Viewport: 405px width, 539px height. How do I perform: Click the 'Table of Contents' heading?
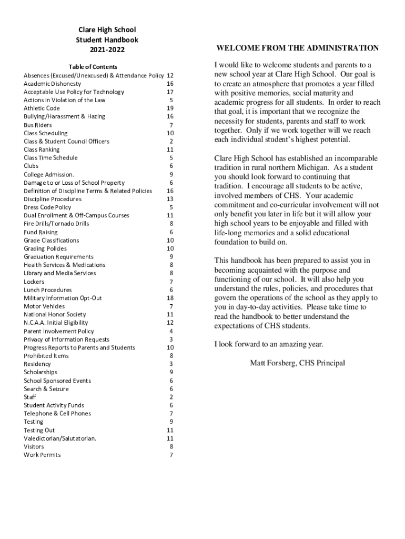coord(93,67)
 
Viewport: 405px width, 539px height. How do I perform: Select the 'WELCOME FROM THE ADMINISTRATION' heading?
coord(297,48)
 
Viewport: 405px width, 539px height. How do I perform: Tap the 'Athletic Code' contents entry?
coord(42,108)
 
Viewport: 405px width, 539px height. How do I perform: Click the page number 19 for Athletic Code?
coord(170,108)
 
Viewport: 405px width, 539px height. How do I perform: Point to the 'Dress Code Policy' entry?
coord(47,207)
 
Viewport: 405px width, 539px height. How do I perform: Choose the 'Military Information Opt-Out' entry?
coord(63,298)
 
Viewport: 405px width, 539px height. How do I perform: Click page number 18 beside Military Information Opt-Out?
coord(170,298)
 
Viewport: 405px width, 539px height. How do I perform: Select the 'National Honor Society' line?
coord(55,314)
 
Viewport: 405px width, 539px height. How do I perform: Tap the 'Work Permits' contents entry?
coord(42,455)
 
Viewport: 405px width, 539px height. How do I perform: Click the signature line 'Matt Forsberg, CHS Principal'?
coord(297,363)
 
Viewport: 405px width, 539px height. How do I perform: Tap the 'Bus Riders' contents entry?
coord(38,125)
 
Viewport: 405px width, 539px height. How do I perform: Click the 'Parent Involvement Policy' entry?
coord(59,331)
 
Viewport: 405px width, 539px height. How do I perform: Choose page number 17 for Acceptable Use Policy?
coord(170,92)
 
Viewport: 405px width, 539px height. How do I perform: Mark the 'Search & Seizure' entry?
coord(46,389)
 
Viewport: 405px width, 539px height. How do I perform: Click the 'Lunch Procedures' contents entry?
coord(48,290)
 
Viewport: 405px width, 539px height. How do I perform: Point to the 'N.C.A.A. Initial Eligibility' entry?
coord(56,323)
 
